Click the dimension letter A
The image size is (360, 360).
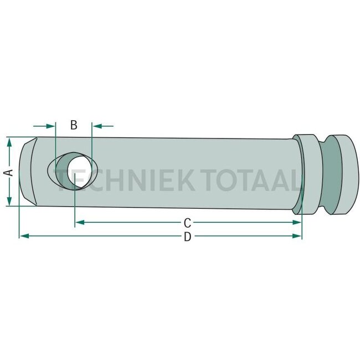coord(8,172)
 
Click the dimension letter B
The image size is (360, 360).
coord(74,125)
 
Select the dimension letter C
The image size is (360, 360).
coord(188,223)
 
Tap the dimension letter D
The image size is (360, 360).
coord(188,236)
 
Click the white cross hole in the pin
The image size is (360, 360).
coord(78,172)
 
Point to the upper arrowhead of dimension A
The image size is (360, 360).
coord(9,142)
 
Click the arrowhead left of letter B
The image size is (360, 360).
coord(52,126)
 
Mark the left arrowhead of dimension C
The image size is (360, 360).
coord(79,223)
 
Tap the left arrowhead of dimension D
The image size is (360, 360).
coord(24,236)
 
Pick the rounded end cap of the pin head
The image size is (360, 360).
coord(346,174)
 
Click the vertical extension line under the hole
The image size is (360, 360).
coord(75,208)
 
